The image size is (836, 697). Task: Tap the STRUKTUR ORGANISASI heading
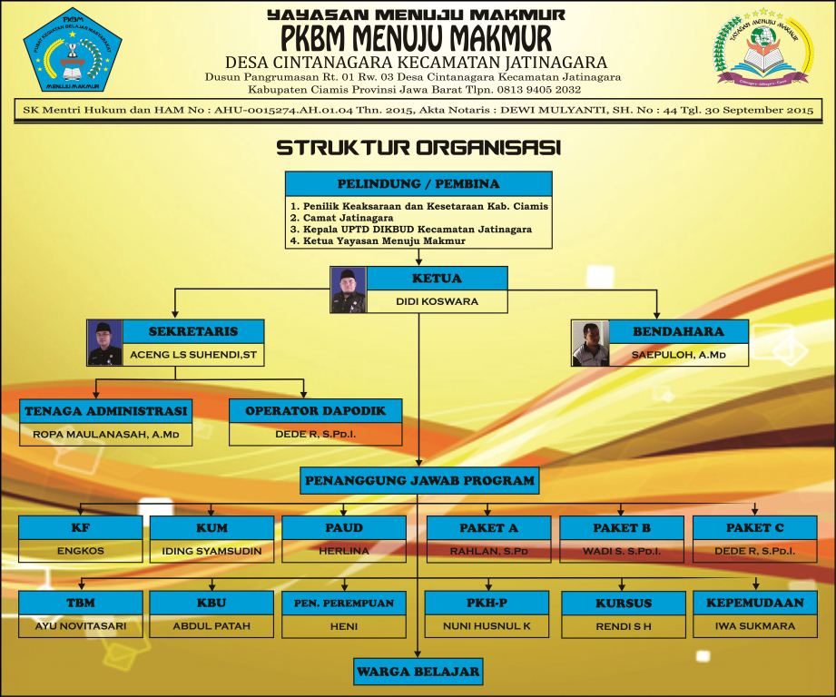pos(418,146)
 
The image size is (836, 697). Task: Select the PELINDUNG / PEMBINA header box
pos(418,183)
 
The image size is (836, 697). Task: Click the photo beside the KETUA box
pos(349,290)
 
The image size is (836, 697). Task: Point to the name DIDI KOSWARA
pos(437,301)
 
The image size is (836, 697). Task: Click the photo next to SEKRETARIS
pos(104,342)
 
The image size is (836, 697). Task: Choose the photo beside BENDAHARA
pos(590,343)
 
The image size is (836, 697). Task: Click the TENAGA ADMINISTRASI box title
pos(105,411)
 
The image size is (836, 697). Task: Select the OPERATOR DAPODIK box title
pos(315,411)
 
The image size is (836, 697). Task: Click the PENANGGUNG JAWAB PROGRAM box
pos(418,480)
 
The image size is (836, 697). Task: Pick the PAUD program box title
pos(344,527)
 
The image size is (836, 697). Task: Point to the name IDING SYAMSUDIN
pos(211,551)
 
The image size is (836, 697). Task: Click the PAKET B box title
pos(622,527)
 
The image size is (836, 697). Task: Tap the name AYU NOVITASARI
pos(80,626)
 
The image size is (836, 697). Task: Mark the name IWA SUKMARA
pos(754,626)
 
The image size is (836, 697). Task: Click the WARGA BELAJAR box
pos(418,672)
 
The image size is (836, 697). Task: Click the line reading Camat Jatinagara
pos(341,218)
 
